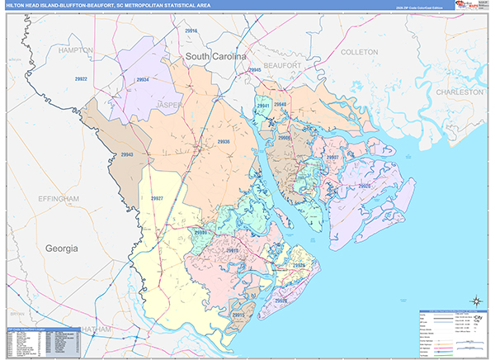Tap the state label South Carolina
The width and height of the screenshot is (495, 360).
tap(215, 56)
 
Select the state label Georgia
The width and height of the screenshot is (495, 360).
tap(62, 248)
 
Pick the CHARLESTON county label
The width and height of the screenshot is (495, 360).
tap(460, 92)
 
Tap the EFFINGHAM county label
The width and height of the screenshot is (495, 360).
tap(59, 200)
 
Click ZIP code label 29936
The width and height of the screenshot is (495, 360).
tap(224, 142)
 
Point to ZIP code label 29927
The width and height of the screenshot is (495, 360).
tap(157, 198)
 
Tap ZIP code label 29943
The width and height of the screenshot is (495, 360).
tap(126, 154)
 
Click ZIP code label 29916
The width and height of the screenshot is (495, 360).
tap(191, 31)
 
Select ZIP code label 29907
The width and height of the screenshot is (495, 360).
tap(332, 156)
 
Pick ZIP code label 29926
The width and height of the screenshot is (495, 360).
tap(299, 265)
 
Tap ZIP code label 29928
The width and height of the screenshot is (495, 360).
tap(281, 301)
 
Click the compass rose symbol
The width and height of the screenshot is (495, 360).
tap(475, 301)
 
